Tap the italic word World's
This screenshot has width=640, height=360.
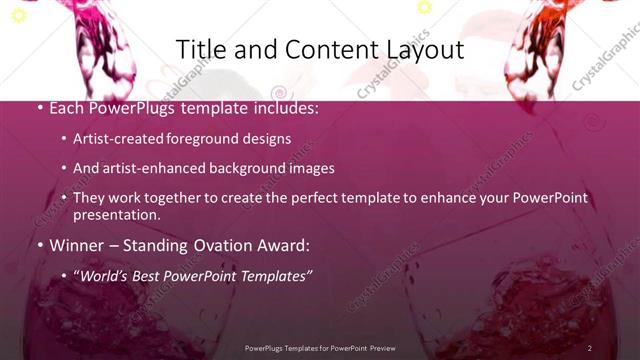pos(106,275)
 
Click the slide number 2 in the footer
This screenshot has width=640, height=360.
pos(589,347)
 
